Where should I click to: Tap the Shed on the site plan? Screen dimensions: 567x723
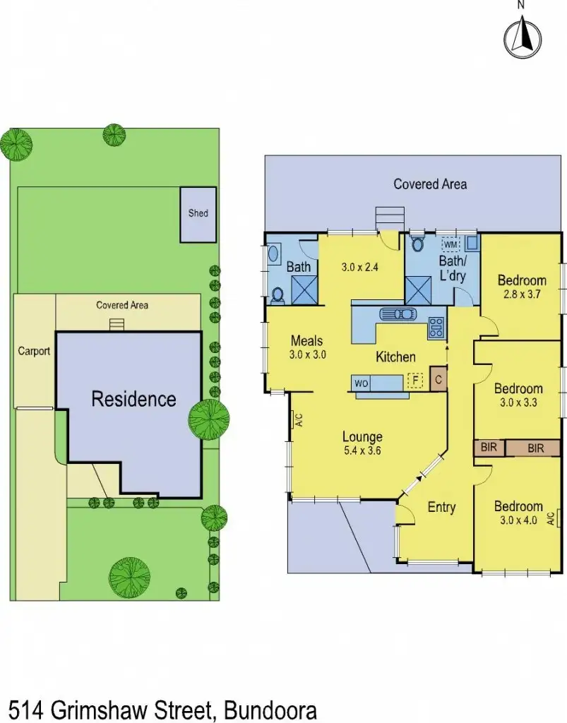tap(198, 213)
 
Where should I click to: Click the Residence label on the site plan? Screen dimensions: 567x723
tap(133, 399)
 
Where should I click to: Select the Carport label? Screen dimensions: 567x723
tap(34, 351)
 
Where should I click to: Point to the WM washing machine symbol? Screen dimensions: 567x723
tap(450, 244)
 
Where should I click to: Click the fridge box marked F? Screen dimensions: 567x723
tap(416, 382)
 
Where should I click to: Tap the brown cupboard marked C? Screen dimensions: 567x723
tap(438, 380)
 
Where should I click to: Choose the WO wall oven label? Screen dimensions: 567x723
tap(361, 383)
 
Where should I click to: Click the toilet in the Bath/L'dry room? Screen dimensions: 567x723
tap(417, 244)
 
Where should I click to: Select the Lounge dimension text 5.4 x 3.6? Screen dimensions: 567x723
tap(362, 452)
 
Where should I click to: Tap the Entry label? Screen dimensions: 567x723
tap(441, 507)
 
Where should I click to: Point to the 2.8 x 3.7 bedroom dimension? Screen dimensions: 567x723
tap(522, 294)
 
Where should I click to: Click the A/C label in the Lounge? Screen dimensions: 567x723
tap(299, 420)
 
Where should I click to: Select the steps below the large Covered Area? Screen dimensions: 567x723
tap(390, 217)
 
